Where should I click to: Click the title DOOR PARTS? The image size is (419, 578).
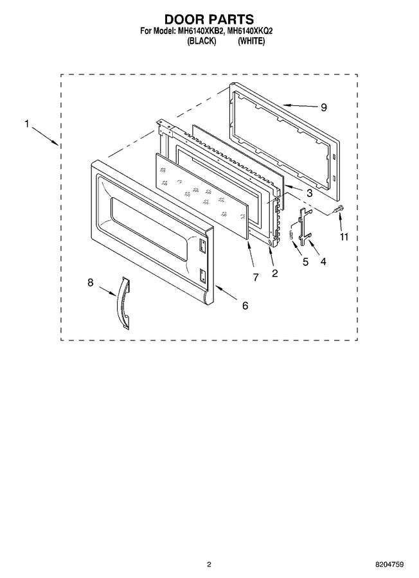coord(209,19)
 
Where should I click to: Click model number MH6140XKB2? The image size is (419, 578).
coord(201,31)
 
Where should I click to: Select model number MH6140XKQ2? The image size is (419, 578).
coord(250,31)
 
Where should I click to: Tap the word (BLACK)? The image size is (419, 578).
coord(201,41)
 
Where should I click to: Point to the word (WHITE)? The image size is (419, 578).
coord(251,41)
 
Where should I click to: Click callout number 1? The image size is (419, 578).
coord(26,124)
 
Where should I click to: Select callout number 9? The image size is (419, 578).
coord(323,107)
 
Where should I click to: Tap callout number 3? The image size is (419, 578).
coord(309,193)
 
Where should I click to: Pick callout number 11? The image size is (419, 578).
coord(344,236)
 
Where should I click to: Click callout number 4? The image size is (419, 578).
coord(323,261)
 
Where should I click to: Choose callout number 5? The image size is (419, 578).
coord(306,262)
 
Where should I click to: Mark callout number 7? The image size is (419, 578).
coord(256,277)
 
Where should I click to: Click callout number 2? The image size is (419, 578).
coord(275,273)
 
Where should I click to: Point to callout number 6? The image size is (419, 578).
coord(245,305)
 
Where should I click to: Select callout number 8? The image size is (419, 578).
coord(91,283)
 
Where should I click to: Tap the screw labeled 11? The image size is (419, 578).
coord(337,209)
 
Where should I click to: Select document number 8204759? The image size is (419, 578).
coord(389,564)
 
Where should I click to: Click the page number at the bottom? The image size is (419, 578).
coord(209,564)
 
